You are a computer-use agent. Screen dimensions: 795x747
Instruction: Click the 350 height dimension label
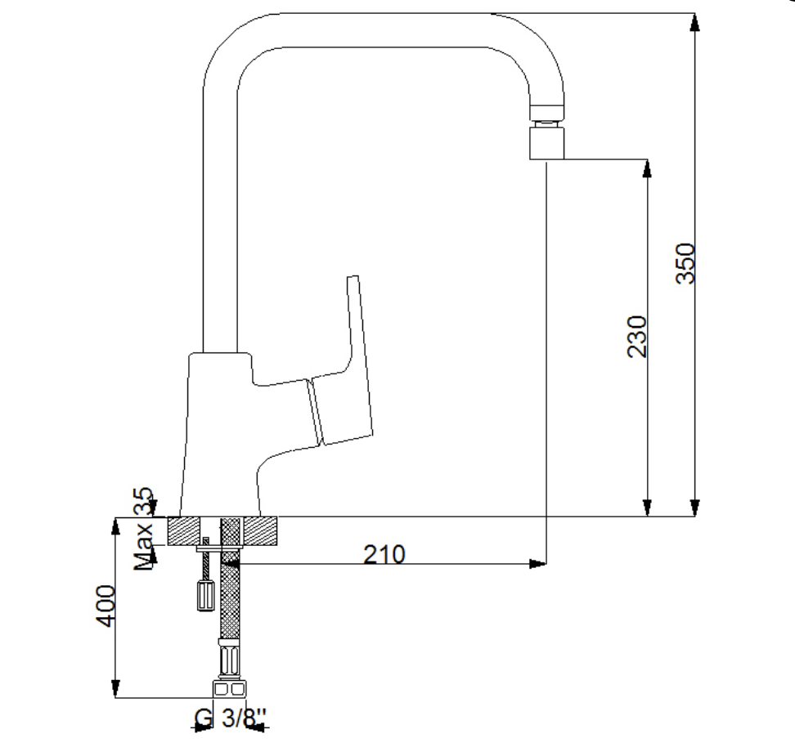685,263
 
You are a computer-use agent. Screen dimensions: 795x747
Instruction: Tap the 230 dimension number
637,337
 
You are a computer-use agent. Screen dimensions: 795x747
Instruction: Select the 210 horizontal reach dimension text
384,554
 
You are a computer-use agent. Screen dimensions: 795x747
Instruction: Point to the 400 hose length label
106,606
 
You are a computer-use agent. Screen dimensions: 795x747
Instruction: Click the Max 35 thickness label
143,529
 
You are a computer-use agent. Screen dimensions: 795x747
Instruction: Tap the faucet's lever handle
339,375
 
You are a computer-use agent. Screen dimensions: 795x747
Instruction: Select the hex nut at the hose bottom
229,689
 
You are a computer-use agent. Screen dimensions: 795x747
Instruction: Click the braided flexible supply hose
230,588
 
